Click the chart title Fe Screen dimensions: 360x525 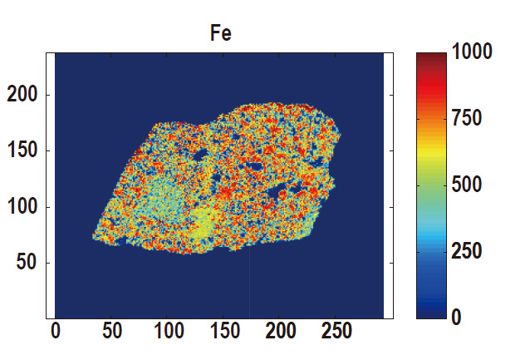219,34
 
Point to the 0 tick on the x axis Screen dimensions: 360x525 56,332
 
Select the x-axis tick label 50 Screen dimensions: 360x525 111,332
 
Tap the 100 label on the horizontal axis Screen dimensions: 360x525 168,332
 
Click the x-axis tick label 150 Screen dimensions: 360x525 224,332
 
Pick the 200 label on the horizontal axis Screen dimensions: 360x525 281,332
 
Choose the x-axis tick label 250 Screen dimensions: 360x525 337,332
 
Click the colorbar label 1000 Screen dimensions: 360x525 473,52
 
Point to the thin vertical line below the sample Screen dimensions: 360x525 249,283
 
